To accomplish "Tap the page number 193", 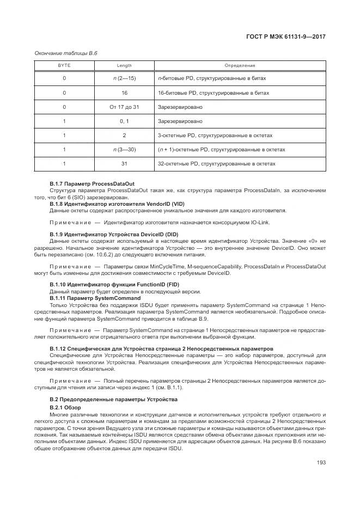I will tap(321, 463).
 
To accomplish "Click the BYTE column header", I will tap(64, 65).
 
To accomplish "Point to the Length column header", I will tap(124, 65).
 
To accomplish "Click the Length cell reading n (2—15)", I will tap(124, 79).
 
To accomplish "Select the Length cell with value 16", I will tap(124, 93).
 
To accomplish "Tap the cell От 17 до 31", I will tap(124, 107).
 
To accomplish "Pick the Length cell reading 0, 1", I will tap(124, 121).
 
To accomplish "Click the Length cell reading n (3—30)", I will tap(124, 150).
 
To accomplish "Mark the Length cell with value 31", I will tap(124, 163).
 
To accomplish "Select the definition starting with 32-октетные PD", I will tap(216, 163).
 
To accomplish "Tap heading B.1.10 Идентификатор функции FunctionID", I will tap(105, 284).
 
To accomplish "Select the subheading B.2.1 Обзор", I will tap(65, 407).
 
